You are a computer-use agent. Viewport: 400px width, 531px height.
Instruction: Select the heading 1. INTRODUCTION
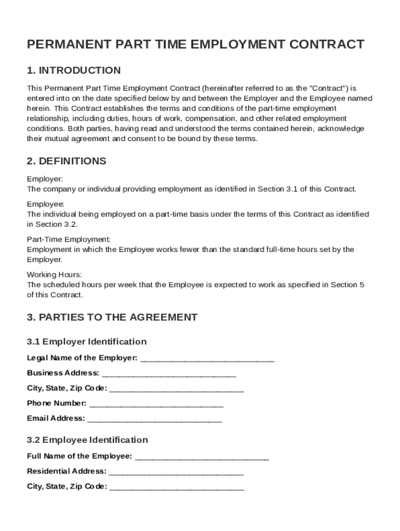pyautogui.click(x=74, y=71)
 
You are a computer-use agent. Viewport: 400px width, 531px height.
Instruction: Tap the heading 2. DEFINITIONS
pyautogui.click(x=66, y=161)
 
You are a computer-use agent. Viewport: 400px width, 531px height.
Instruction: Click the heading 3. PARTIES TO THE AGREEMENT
pyautogui.click(x=112, y=317)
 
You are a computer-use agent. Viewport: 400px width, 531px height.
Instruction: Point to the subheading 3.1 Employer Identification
pyautogui.click(x=87, y=342)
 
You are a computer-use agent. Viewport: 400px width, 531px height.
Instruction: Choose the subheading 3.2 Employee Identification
pyautogui.click(x=87, y=440)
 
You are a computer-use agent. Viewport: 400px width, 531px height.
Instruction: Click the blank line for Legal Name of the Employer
pyautogui.click(x=207, y=358)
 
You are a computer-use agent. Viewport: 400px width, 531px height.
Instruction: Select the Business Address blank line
pyautogui.click(x=169, y=373)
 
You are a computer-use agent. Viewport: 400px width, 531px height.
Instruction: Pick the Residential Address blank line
pyautogui.click(x=176, y=472)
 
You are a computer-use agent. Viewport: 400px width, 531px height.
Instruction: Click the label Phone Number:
pyautogui.click(x=57, y=403)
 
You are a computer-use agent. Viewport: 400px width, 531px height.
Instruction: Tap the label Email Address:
pyautogui.click(x=56, y=418)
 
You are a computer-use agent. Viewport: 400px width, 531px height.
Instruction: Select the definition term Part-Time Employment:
pyautogui.click(x=69, y=240)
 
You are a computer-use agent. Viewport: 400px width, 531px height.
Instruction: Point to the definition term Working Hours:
pyautogui.click(x=55, y=275)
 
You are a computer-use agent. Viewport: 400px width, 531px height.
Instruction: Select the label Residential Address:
pyautogui.click(x=66, y=472)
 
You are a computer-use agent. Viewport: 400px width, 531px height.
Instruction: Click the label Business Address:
pyautogui.click(x=63, y=373)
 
